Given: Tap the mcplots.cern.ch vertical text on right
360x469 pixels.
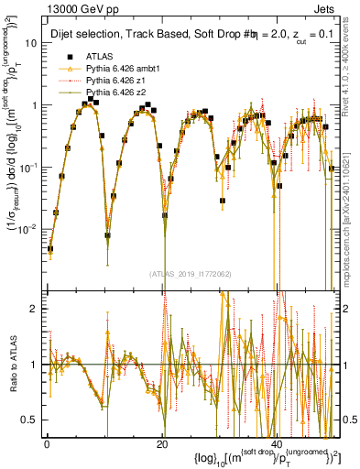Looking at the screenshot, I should pos(350,234).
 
